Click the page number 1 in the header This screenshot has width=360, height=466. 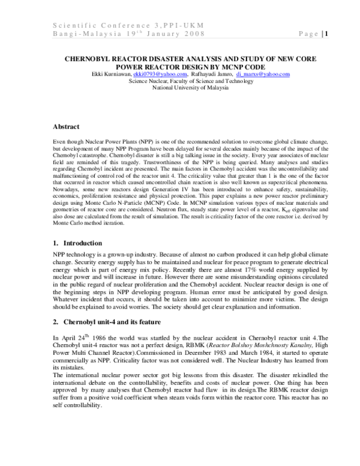point(325,34)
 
